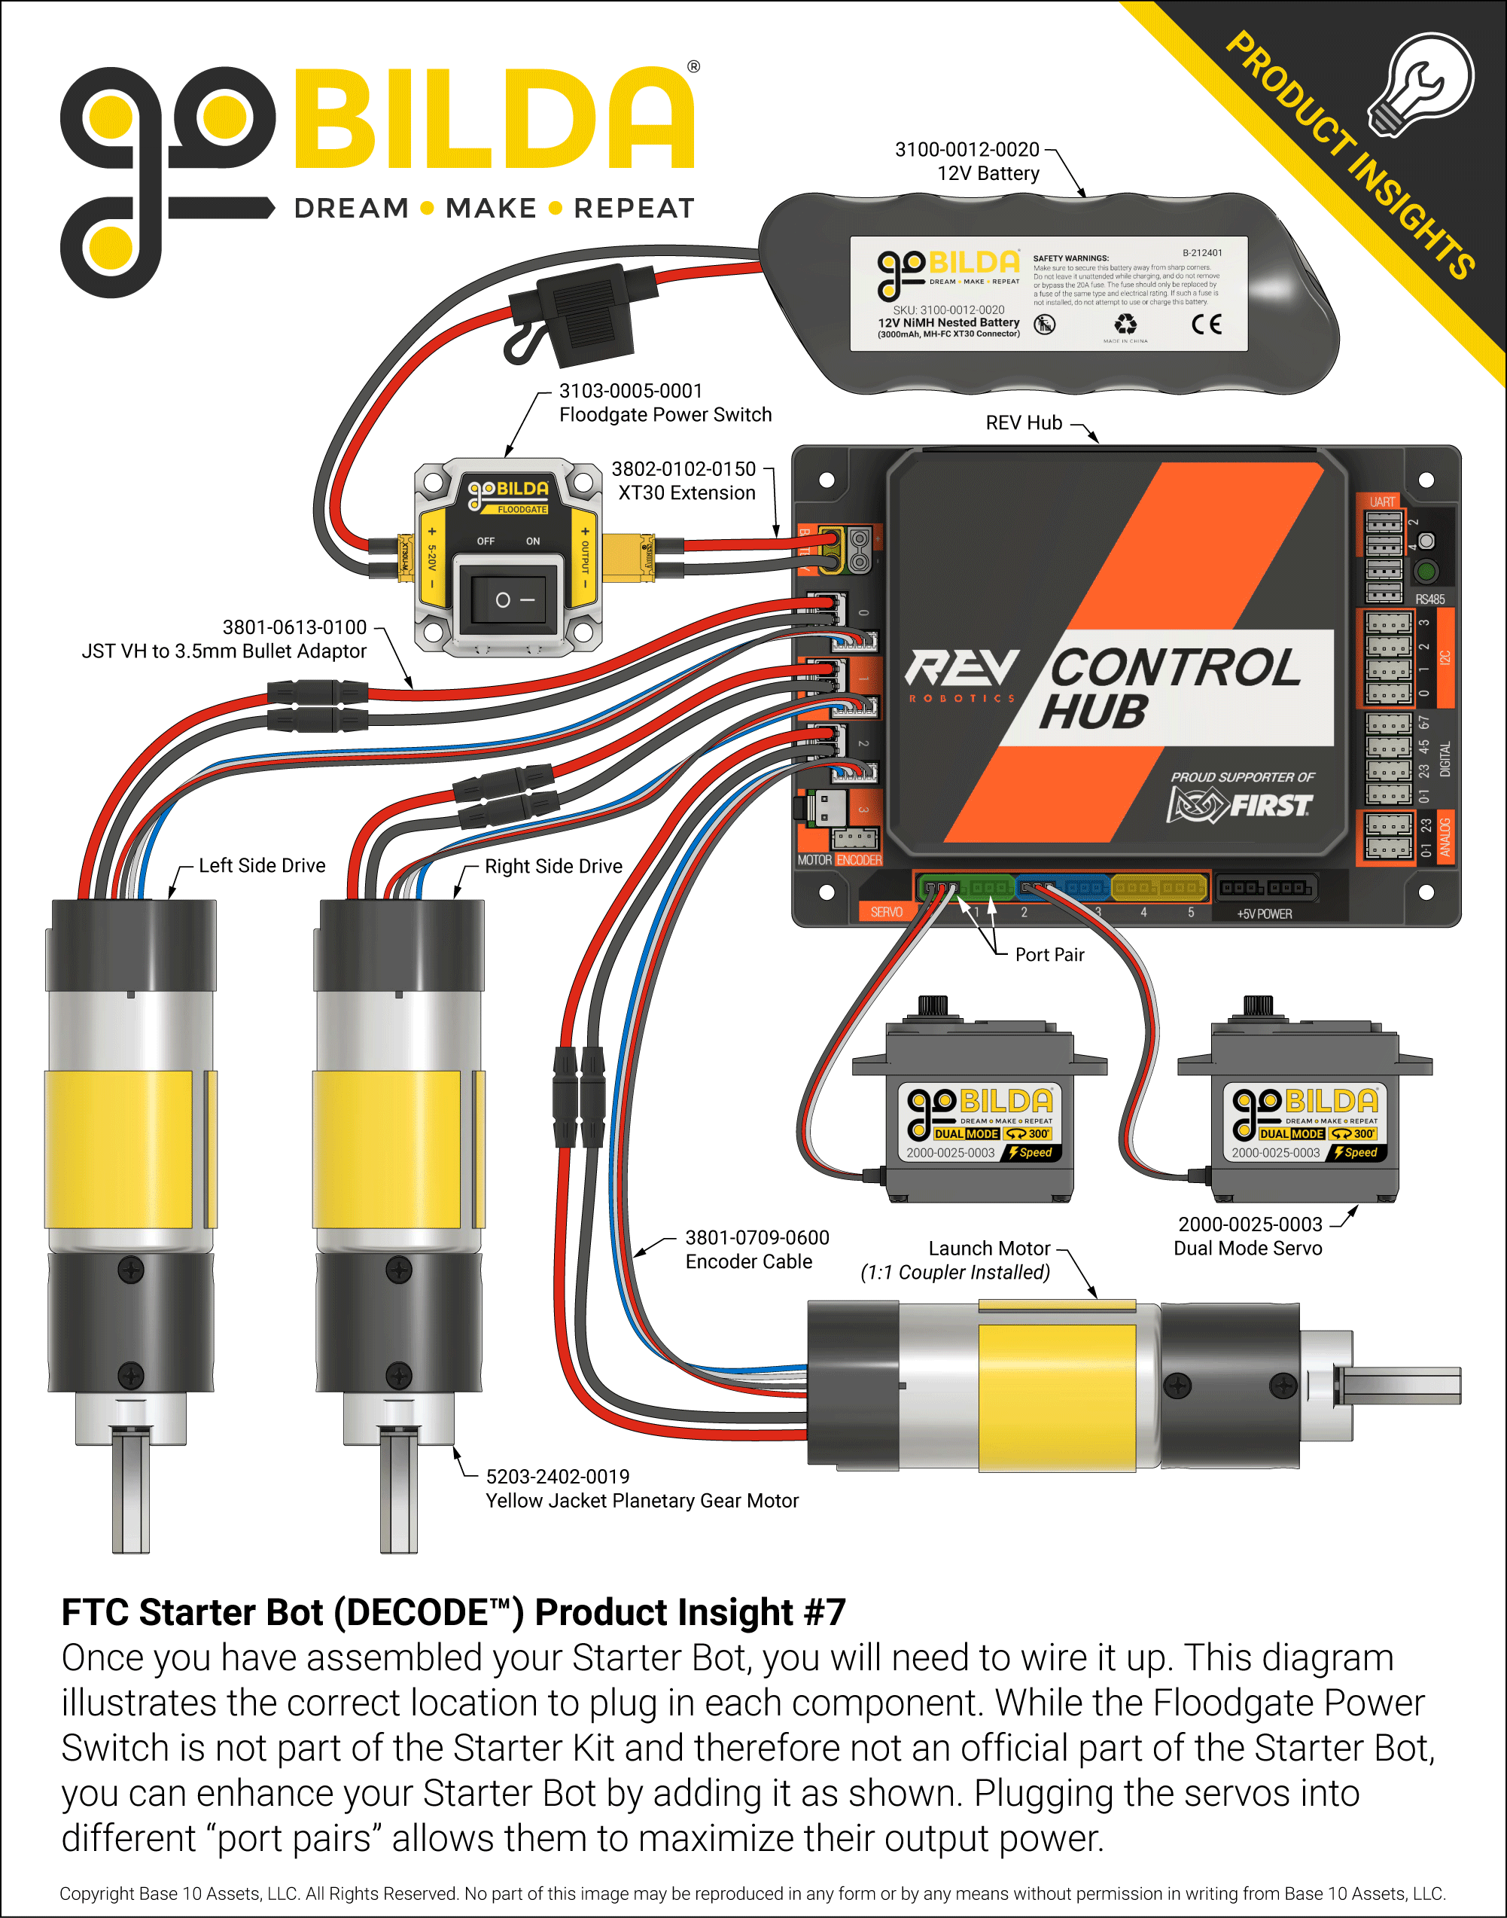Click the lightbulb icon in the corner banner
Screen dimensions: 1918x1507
tap(1421, 84)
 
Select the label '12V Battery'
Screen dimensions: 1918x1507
tap(988, 173)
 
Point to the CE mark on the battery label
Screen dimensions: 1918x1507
tap(1206, 324)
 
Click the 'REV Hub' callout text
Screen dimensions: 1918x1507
tap(1024, 422)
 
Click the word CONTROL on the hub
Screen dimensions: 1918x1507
tap(1174, 668)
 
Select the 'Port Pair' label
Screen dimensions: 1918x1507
tap(1049, 954)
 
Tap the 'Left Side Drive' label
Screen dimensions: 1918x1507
tap(261, 865)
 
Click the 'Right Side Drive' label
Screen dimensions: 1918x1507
tap(553, 866)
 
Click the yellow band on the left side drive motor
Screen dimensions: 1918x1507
tap(119, 1148)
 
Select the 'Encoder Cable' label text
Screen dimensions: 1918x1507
tap(748, 1261)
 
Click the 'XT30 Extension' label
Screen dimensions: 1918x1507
tap(687, 492)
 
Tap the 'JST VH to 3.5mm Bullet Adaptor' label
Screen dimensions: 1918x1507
tap(224, 651)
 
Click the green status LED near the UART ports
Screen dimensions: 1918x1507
tap(1425, 571)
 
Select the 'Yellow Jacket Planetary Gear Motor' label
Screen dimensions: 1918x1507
tap(641, 1501)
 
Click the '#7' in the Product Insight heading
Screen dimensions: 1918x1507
tap(824, 1612)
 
